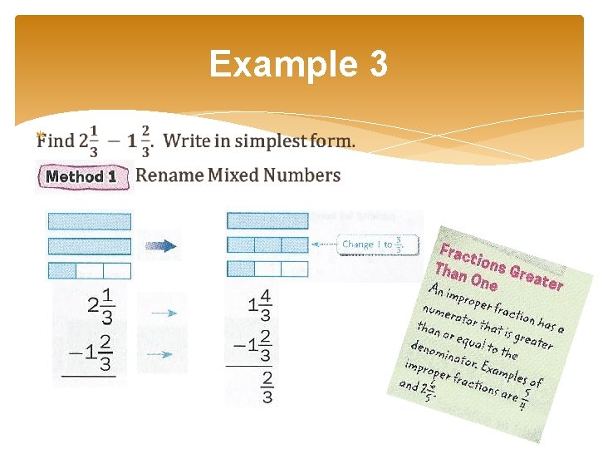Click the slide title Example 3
pos(298,64)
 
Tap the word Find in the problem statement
pos(55,141)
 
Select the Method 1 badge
pos(81,176)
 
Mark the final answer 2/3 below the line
pos(267,387)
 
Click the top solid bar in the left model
pos(89,221)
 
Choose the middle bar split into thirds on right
pos(267,245)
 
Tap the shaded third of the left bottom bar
pos(61,270)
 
